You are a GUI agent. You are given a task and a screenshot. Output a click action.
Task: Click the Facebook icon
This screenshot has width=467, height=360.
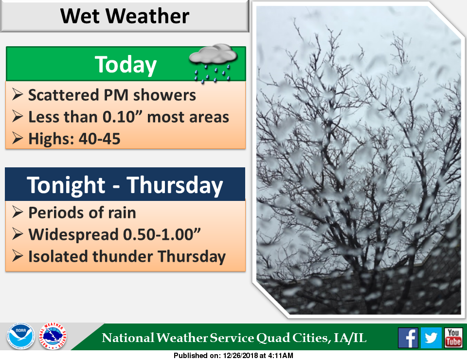408,338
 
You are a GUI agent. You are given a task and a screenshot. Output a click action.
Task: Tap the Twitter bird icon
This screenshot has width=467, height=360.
431,338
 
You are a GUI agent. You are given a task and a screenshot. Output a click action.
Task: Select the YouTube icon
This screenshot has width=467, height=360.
453,338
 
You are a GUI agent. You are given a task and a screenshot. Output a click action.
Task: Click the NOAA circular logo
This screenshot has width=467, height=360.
20,336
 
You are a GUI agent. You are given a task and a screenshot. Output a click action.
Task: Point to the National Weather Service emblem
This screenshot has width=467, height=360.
53,336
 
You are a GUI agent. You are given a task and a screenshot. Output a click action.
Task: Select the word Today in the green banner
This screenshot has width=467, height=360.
126,65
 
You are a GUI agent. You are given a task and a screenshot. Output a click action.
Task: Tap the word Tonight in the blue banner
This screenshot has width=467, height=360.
66,185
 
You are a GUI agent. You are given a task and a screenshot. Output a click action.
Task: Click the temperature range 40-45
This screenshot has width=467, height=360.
99,139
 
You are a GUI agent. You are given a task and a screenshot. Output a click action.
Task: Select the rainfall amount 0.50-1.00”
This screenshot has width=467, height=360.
162,234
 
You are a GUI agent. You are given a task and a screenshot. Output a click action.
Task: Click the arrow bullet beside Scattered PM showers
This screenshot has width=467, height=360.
18,94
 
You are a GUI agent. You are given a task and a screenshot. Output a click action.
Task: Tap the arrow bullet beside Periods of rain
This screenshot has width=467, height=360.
18,212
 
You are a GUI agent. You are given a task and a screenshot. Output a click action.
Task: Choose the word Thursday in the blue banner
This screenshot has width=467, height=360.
175,185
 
